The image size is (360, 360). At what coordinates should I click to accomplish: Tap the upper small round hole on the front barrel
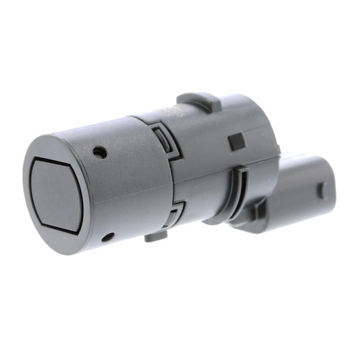pyautogui.click(x=100, y=152)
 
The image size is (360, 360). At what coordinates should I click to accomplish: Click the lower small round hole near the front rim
pyautogui.click(x=107, y=237)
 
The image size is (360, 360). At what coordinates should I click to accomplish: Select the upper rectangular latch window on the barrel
pyautogui.click(x=163, y=140)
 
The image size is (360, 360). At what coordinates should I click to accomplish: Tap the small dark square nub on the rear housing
pyautogui.click(x=236, y=142)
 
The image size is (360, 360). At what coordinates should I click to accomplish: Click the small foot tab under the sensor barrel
pyautogui.click(x=156, y=236)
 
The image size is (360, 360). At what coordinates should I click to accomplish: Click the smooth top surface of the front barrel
pyautogui.click(x=101, y=132)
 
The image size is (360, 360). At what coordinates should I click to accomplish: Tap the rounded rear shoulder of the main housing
pyautogui.click(x=267, y=128)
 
